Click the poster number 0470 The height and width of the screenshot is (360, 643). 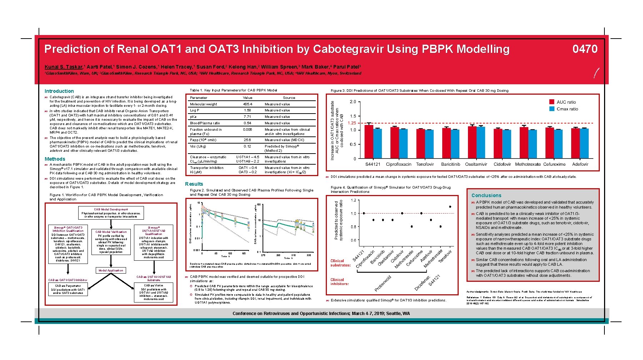(584, 49)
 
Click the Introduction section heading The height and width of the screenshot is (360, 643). (59, 91)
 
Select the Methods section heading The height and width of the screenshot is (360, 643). (55, 159)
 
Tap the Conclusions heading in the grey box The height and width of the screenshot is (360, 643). (486, 195)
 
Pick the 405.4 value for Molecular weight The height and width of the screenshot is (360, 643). (247, 104)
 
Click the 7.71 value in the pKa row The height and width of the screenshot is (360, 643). (247, 117)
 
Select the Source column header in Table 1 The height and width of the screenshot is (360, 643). (289, 98)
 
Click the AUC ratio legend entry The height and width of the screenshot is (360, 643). (566, 102)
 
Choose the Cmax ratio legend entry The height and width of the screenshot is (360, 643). (567, 109)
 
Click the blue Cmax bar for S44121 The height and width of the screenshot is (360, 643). (377, 144)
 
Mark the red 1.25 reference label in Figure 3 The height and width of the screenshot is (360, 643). (352, 123)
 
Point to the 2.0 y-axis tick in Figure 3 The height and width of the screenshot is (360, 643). (353, 102)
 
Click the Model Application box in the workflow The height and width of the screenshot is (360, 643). (111, 270)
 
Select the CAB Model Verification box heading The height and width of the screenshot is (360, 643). (111, 232)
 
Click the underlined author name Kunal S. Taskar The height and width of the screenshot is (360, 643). (63, 67)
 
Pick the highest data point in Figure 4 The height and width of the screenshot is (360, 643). (450, 206)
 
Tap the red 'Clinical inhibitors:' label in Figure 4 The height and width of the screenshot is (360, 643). (339, 282)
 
